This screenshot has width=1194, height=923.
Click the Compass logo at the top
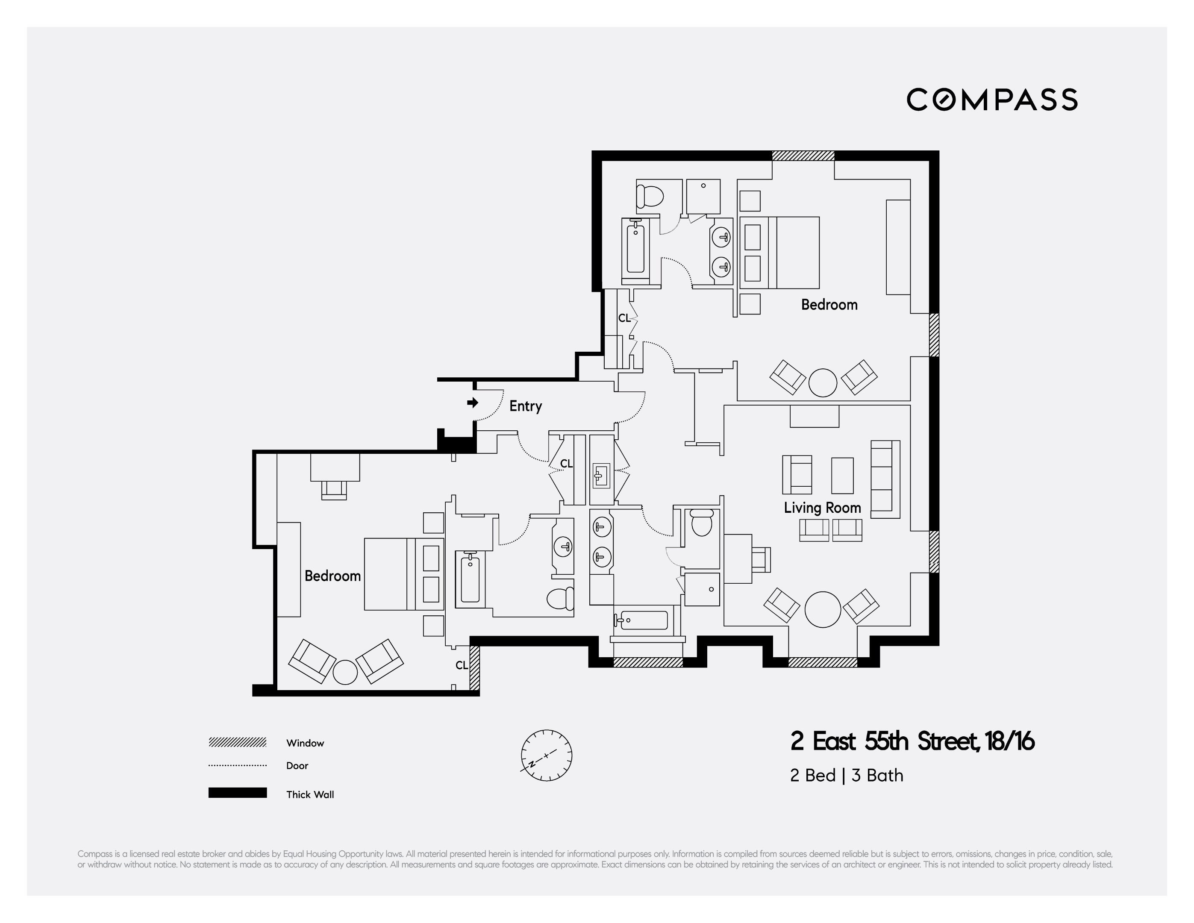point(992,100)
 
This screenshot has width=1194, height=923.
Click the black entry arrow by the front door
point(472,403)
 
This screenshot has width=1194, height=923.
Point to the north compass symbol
point(546,755)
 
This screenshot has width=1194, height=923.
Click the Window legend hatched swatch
point(237,742)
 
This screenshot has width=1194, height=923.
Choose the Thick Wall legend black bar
point(237,793)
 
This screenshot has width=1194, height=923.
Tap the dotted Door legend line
point(237,765)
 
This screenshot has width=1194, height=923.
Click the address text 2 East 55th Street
point(912,741)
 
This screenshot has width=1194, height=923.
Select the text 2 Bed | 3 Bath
point(846,776)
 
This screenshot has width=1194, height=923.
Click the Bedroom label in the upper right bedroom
point(829,305)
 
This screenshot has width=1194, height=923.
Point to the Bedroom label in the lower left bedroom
point(332,576)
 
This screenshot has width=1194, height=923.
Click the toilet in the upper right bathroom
point(650,196)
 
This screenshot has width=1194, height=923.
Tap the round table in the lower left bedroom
point(345,672)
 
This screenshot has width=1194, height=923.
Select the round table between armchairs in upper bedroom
point(822,382)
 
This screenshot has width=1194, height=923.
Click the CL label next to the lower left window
point(462,665)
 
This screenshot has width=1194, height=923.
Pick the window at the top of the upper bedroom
point(803,155)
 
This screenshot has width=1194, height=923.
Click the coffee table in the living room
point(842,476)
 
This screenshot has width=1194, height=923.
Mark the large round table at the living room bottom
point(823,609)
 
